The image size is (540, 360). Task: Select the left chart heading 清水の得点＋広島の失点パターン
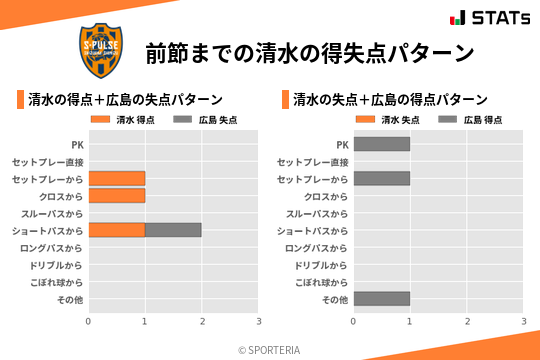point(125,100)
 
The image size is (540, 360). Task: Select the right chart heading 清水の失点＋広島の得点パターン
point(390,100)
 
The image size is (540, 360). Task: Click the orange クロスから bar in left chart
point(116,196)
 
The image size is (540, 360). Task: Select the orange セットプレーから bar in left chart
point(116,178)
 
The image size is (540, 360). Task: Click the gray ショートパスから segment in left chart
point(173,230)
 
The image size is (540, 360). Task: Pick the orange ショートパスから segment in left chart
point(116,230)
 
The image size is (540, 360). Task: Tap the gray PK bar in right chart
point(381,144)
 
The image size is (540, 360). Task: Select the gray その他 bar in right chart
point(381,299)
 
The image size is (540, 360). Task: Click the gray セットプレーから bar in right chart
point(381,178)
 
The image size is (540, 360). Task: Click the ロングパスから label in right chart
point(317,248)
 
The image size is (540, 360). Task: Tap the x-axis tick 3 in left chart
point(259,321)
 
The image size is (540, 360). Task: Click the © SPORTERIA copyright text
point(270,350)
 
